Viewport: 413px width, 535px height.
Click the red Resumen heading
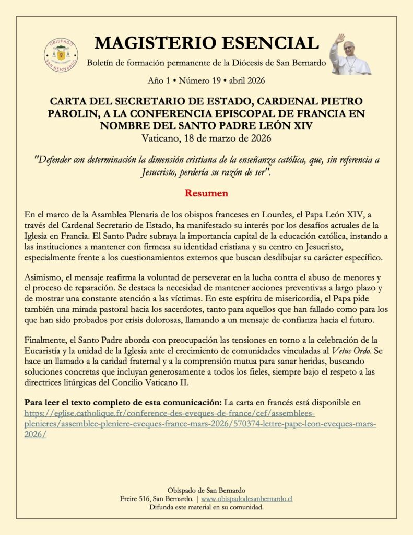(x=206, y=193)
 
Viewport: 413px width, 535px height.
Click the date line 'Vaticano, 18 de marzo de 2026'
(x=206, y=138)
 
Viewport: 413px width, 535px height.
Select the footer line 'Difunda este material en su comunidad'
(x=206, y=507)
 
